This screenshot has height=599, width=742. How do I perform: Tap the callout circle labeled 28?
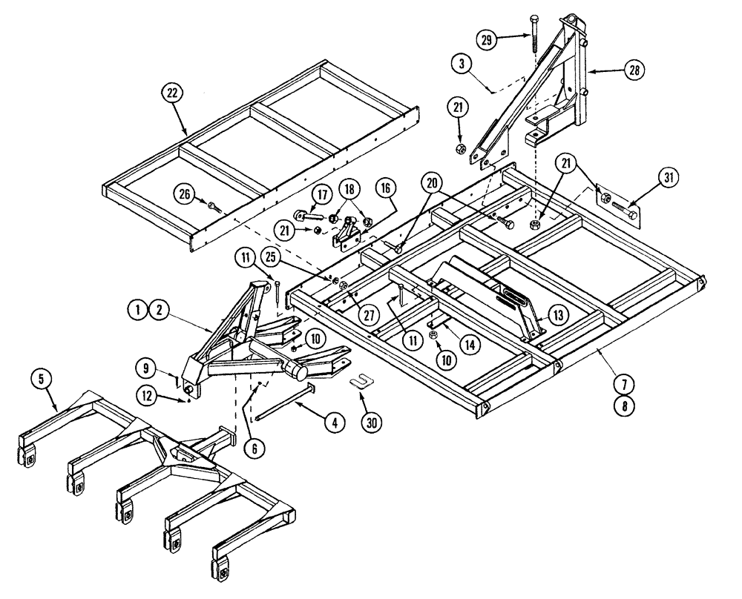click(633, 70)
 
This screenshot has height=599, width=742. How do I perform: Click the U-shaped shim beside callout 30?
click(361, 382)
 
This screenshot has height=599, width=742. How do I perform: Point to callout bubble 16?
click(387, 190)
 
